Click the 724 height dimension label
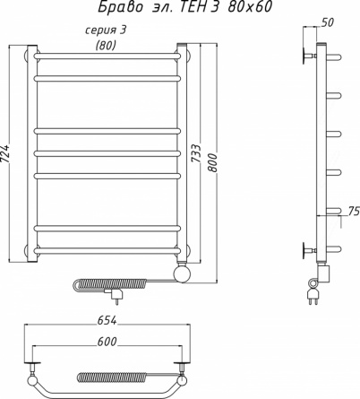click(x=5, y=153)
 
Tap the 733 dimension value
click(x=195, y=153)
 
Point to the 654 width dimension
click(x=107, y=320)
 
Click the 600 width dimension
click(x=107, y=342)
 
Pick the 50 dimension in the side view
click(x=328, y=22)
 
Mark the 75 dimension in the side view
click(x=354, y=211)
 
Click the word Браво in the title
click(x=121, y=7)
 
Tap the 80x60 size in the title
click(x=250, y=7)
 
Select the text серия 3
click(x=106, y=30)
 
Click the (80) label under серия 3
click(x=106, y=45)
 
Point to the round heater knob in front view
click(x=182, y=274)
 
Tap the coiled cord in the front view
click(x=109, y=283)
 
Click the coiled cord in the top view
click(x=112, y=377)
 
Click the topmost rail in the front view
click(x=107, y=56)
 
